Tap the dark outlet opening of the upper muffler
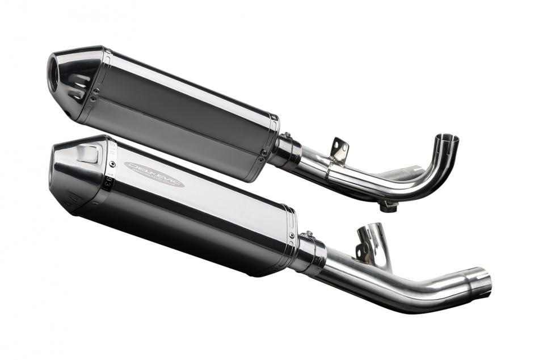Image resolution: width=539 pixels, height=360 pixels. click(58, 72)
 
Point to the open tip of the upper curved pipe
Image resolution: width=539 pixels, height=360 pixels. click(447, 139)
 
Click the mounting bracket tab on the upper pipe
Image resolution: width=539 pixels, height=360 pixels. click(339, 147)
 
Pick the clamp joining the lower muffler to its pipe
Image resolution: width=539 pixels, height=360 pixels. click(311, 253)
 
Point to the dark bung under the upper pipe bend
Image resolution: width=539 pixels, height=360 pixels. click(388, 206)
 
